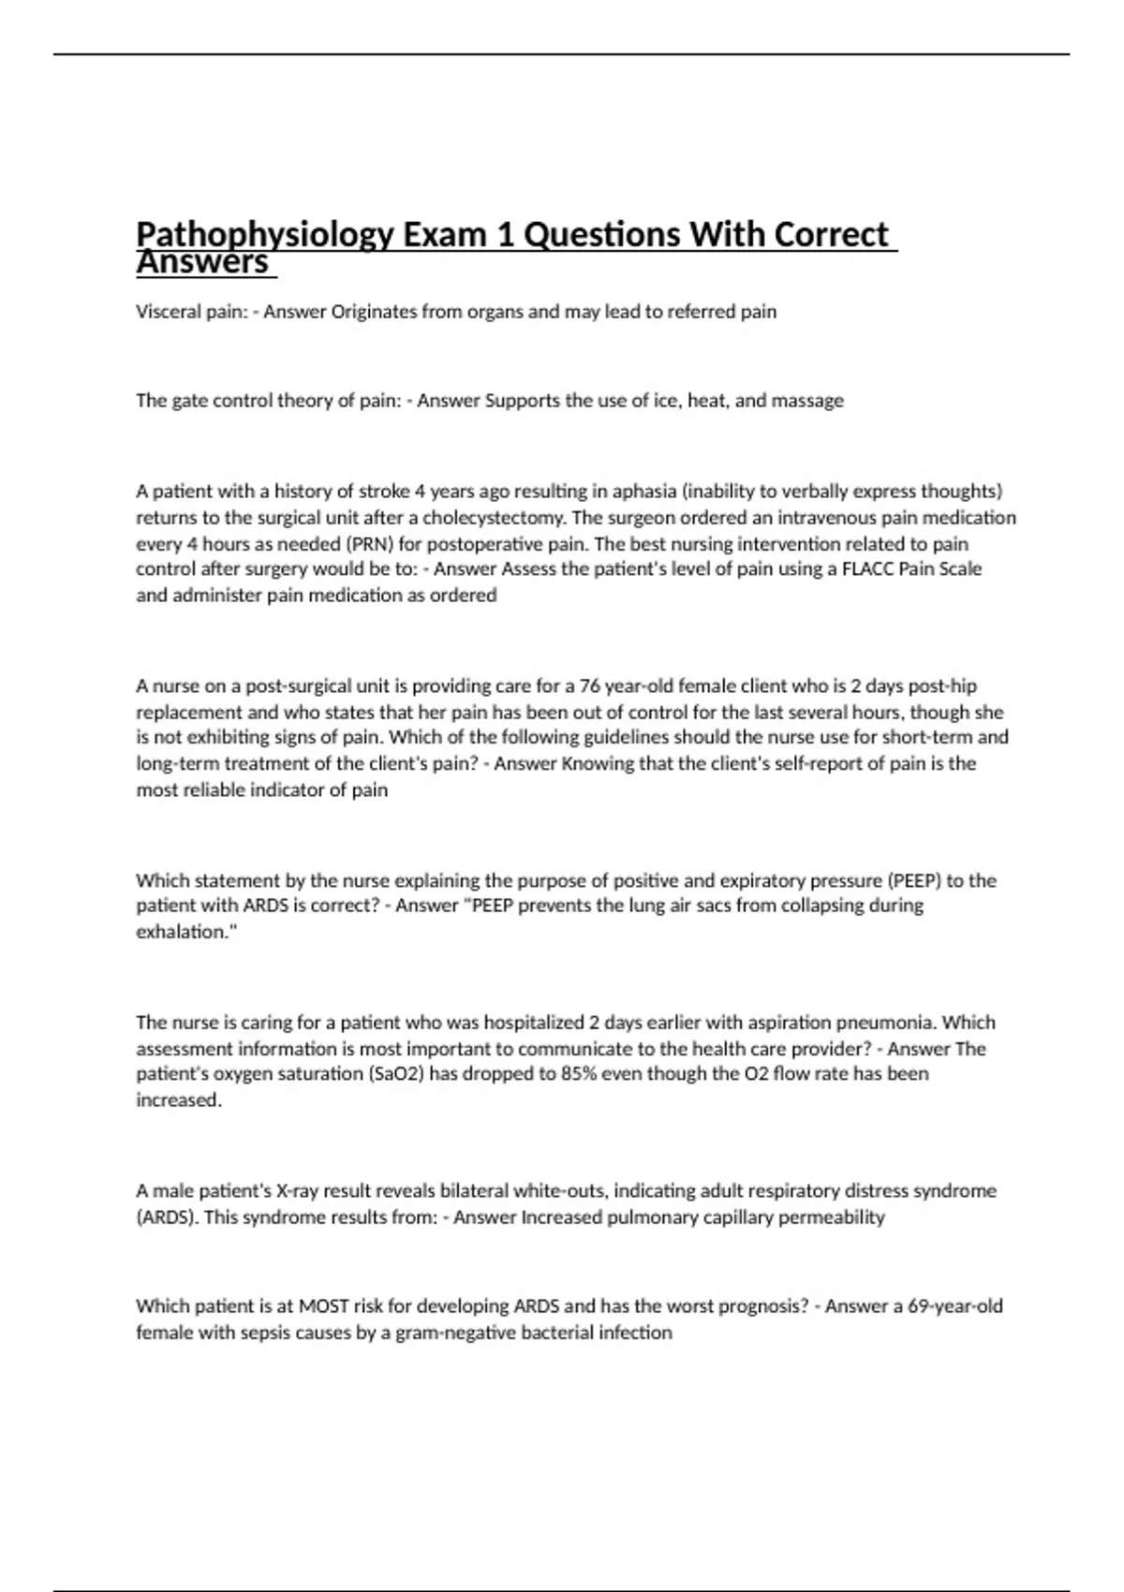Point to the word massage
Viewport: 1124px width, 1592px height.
pos(808,401)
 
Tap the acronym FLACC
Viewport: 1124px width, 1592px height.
pos(866,569)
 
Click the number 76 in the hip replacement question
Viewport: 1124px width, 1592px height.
pos(590,685)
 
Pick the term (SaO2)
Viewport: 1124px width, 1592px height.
pos(392,1074)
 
